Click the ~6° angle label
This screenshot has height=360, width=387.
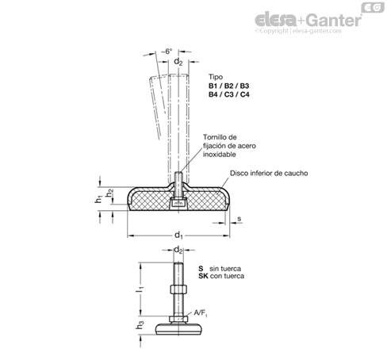[x=167, y=52]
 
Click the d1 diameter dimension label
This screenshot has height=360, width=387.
[x=178, y=235]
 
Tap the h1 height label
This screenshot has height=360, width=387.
[x=98, y=199]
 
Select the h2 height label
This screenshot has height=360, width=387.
[x=109, y=193]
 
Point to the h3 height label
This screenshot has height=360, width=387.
[x=140, y=325]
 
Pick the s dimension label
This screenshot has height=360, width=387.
[x=239, y=219]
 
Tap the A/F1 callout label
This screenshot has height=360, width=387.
[x=201, y=313]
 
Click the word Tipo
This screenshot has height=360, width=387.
[x=216, y=77]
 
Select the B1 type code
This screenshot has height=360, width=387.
[x=213, y=86]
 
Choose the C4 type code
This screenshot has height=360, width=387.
[x=244, y=94]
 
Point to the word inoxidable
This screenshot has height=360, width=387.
[x=220, y=155]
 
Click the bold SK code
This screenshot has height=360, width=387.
[x=203, y=276]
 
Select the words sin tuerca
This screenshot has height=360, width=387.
[x=225, y=269]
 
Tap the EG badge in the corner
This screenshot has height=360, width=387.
[x=373, y=8]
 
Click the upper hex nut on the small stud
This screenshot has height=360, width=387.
[x=178, y=289]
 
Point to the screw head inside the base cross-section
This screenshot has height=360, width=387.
[x=178, y=203]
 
